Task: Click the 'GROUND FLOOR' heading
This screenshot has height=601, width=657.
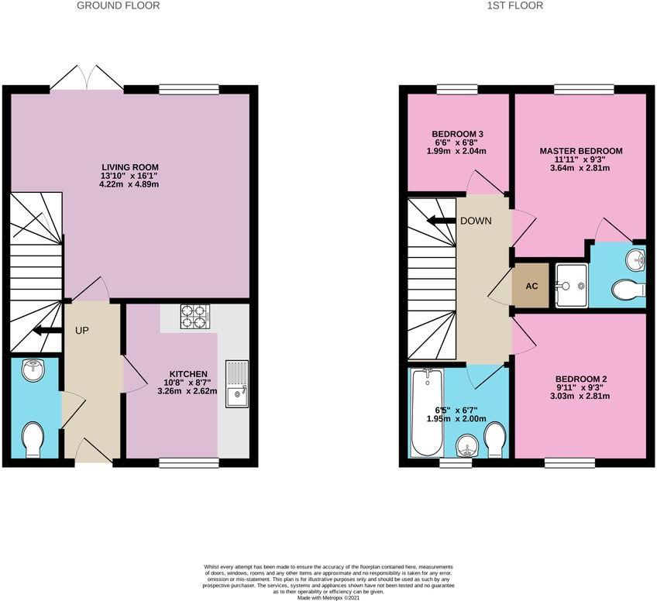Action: point(119,5)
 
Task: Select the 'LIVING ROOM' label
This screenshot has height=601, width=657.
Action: point(130,167)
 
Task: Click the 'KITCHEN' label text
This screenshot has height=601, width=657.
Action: point(188,374)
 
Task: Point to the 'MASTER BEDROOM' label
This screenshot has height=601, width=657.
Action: point(581,151)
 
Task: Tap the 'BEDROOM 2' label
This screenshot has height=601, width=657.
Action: point(581,379)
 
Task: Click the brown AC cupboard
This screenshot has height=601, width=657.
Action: point(531,286)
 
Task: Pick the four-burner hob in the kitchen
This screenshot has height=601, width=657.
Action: point(195,316)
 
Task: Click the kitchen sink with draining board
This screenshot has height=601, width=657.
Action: point(237,384)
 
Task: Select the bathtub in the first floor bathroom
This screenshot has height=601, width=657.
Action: point(428,413)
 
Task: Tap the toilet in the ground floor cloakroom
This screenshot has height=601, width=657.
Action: point(33,440)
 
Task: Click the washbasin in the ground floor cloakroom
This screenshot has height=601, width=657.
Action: point(33,370)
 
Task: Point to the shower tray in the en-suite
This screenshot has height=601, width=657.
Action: point(572,286)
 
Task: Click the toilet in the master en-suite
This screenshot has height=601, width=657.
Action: point(628,290)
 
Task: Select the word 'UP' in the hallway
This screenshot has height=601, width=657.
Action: point(82,331)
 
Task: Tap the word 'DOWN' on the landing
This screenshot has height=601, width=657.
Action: point(476,221)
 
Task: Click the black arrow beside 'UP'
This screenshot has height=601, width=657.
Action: point(47,331)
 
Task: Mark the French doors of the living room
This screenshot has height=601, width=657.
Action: point(87,77)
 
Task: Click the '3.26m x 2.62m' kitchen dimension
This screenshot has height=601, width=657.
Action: point(187,392)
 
